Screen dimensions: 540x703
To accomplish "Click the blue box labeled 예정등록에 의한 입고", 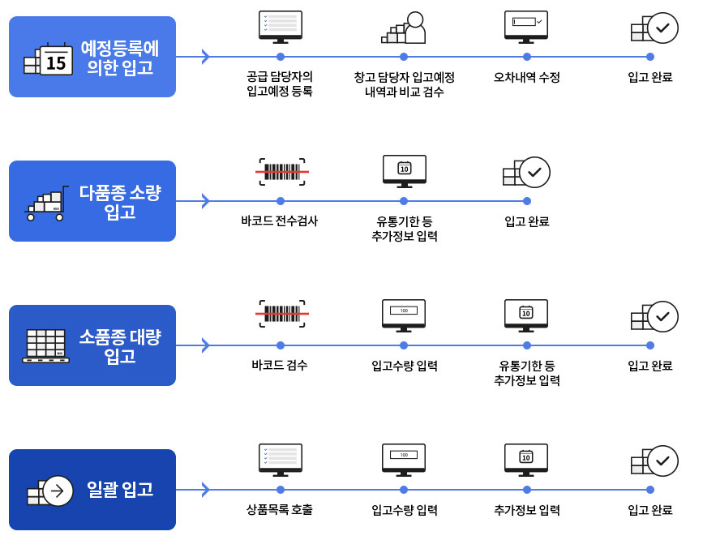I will click(92, 57).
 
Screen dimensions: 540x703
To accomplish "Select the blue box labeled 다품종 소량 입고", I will click(92, 201).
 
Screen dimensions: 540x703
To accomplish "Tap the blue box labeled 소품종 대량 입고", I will click(92, 345).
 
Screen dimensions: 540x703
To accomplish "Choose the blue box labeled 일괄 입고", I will click(92, 490).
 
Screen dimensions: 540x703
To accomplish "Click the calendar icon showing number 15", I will click(55, 61).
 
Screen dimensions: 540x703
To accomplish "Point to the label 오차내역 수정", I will click(526, 78).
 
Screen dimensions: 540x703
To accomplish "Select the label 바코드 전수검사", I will click(280, 221).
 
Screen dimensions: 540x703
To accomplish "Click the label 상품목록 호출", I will click(280, 511).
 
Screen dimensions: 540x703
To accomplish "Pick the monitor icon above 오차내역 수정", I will click(526, 27).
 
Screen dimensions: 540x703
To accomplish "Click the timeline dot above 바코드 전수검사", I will click(281, 201).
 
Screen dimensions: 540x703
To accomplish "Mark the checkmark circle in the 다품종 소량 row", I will click(535, 172).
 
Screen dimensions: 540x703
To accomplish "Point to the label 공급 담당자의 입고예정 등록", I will click(280, 84).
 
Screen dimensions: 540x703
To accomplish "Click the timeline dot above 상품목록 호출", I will click(281, 490).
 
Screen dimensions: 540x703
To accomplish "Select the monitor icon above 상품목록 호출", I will click(281, 460).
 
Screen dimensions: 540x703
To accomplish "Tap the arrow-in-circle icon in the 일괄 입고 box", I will click(58, 491).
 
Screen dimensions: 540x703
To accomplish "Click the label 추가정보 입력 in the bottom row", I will click(526, 511).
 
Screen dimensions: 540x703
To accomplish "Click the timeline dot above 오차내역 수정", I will click(527, 57).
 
